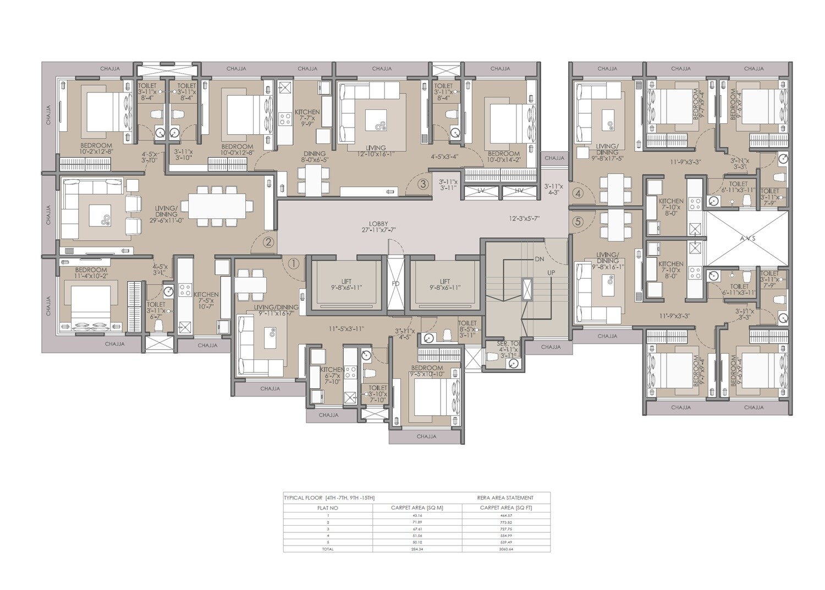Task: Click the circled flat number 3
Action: tap(422, 184)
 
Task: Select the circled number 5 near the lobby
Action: tap(577, 223)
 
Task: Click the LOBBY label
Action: tap(378, 224)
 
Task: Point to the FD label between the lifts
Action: tap(395, 284)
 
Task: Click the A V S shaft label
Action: tap(746, 239)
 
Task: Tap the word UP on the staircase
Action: tap(551, 273)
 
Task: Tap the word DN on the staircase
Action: tap(538, 258)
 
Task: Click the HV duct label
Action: tap(519, 190)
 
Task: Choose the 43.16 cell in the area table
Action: tap(417, 515)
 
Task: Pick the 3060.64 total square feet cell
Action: tap(505, 549)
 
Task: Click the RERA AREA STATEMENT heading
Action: tap(505, 498)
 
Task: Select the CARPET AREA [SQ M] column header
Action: tap(417, 508)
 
